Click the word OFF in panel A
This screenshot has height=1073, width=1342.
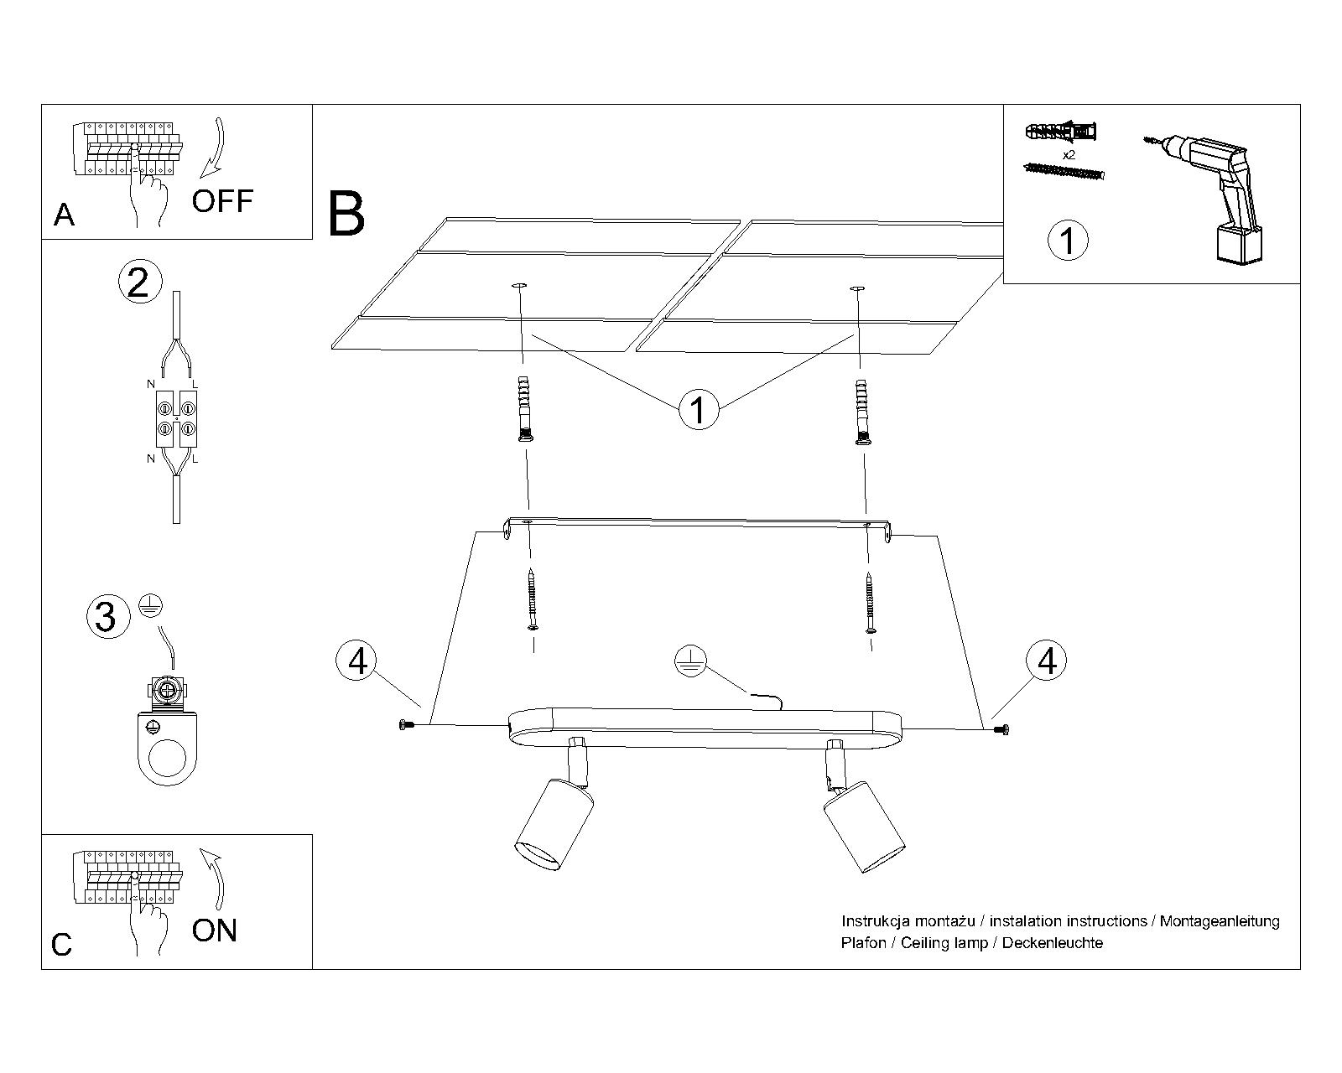coord(222,201)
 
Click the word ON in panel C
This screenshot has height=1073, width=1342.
coord(215,930)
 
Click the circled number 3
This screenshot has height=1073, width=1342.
coord(107,617)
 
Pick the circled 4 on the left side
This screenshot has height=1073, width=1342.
coord(357,661)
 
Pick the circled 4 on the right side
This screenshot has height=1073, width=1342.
coord(1047,661)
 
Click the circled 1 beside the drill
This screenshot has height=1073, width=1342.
coord(1068,241)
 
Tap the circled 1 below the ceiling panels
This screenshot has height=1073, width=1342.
coord(698,410)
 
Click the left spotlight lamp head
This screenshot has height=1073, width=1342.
coord(553,826)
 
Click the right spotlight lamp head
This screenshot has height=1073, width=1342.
coord(865,826)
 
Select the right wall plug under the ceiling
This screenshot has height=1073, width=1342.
coord(861,411)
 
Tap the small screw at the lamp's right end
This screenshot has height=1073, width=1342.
coord(1000,730)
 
